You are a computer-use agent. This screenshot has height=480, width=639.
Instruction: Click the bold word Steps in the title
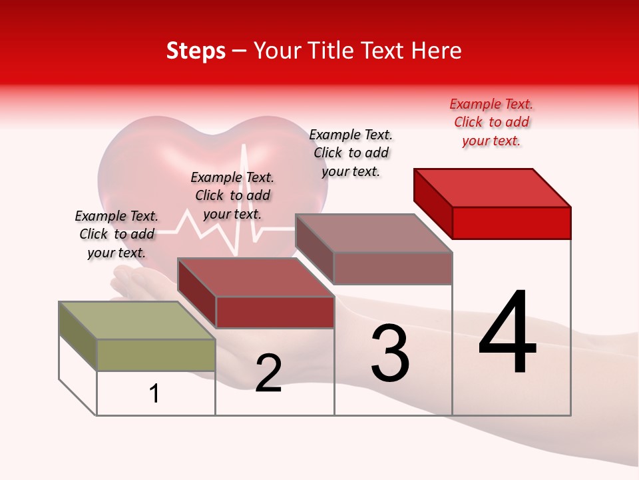coord(196,51)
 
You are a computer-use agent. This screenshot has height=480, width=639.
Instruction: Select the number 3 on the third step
coord(390,353)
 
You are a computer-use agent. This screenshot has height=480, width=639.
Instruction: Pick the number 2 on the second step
coord(268,373)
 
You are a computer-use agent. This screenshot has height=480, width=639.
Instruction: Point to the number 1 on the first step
coord(154,394)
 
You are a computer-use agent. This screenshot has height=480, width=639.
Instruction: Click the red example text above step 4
coord(491,122)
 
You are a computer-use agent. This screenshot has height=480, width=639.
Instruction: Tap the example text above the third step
coord(351,153)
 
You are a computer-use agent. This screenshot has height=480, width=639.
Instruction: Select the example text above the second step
coord(232,195)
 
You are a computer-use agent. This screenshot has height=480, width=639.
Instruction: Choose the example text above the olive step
coord(116,234)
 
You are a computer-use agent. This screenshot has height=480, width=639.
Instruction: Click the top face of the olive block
coord(137,320)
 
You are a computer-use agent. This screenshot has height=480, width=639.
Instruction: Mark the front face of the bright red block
coord(511,223)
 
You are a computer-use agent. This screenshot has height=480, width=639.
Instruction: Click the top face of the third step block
coord(374,233)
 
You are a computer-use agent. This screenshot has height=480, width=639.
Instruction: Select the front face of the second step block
coord(275,312)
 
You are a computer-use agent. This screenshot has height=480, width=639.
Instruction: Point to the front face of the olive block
coord(156,355)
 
